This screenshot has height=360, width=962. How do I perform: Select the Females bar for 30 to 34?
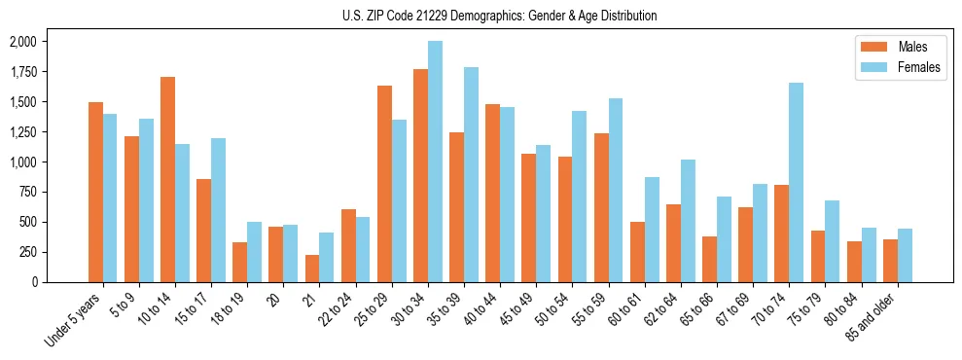pyautogui.click(x=435, y=162)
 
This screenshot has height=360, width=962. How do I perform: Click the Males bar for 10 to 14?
pyautogui.click(x=168, y=180)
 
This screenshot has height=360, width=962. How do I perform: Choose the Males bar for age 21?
pyautogui.click(x=312, y=269)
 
